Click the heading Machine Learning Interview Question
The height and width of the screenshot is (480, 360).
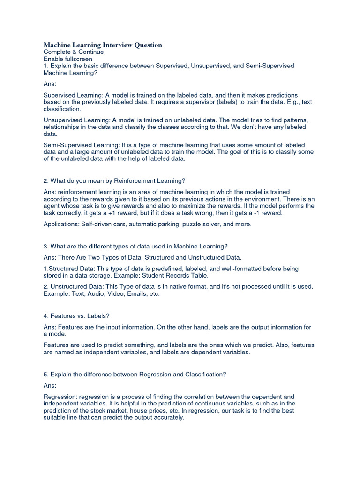point(103,45)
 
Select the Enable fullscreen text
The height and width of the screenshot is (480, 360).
point(68,60)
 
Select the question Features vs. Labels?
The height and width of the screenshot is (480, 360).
point(76,316)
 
